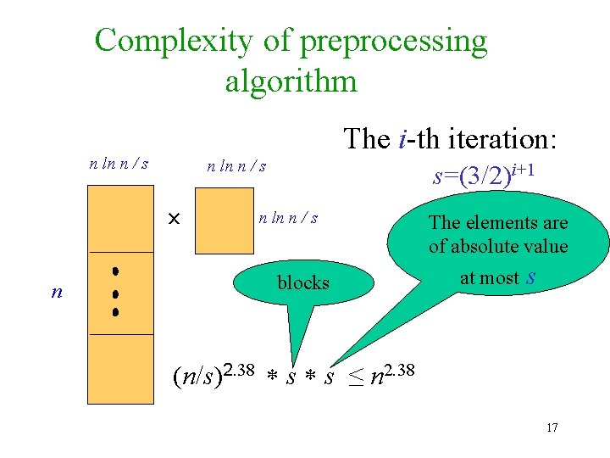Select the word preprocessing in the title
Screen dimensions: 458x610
(386, 40)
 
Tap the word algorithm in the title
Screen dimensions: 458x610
(291, 81)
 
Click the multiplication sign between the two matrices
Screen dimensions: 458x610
(174, 220)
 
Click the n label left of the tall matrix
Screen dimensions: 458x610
(57, 292)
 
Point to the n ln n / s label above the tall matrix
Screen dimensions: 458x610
(119, 162)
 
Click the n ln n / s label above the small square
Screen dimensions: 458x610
(237, 166)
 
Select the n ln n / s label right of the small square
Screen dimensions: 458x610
(288, 218)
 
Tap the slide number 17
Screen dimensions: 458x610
(552, 427)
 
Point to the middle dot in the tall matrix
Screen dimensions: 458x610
(113, 293)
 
